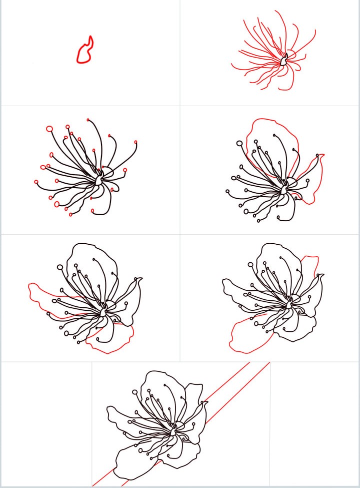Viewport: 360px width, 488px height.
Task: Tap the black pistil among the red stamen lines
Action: (283, 61)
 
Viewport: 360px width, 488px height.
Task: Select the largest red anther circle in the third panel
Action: (49, 129)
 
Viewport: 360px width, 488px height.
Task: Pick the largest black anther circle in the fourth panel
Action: (239, 144)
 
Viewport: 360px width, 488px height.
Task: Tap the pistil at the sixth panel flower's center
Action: (289, 303)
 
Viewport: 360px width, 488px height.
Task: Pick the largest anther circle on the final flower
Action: (135, 392)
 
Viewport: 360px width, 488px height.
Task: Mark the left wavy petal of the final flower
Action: (120, 415)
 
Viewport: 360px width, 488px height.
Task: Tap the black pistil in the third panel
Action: (99, 178)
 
